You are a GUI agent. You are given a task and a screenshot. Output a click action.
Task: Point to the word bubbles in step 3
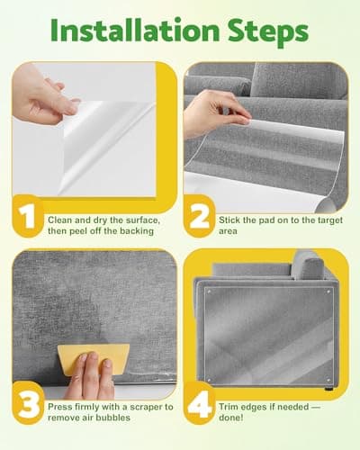click(113, 418)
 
